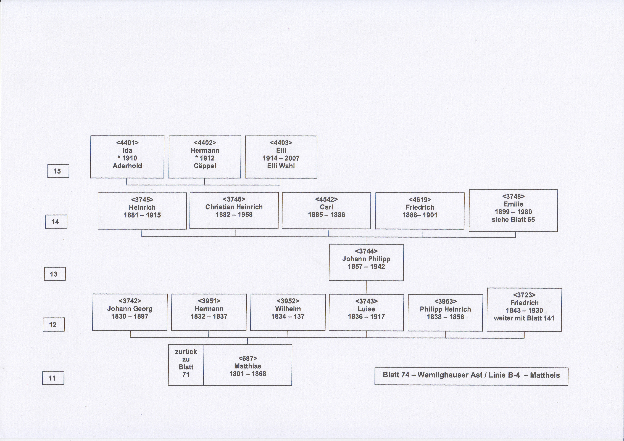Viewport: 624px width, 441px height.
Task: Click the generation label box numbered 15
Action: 58,171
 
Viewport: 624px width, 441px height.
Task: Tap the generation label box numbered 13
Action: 55,274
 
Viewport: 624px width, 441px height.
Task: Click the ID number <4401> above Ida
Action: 127,143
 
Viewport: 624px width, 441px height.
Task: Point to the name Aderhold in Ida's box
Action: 127,166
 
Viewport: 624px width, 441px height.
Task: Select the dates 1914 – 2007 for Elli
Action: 281,158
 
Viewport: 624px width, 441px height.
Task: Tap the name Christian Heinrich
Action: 234,207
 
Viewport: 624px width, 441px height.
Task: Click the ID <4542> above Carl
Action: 326,199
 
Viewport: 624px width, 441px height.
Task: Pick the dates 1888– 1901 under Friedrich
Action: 420,215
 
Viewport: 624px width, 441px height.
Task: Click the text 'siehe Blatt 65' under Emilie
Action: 513,219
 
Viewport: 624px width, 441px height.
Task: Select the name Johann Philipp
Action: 366,259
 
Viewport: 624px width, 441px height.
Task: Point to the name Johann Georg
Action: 130,309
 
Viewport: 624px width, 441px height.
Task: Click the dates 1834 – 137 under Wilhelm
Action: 288,316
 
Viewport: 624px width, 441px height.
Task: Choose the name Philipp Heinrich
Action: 445,309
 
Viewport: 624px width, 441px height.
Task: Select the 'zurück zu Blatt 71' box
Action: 186,365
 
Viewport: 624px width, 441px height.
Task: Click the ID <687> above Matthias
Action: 248,358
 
